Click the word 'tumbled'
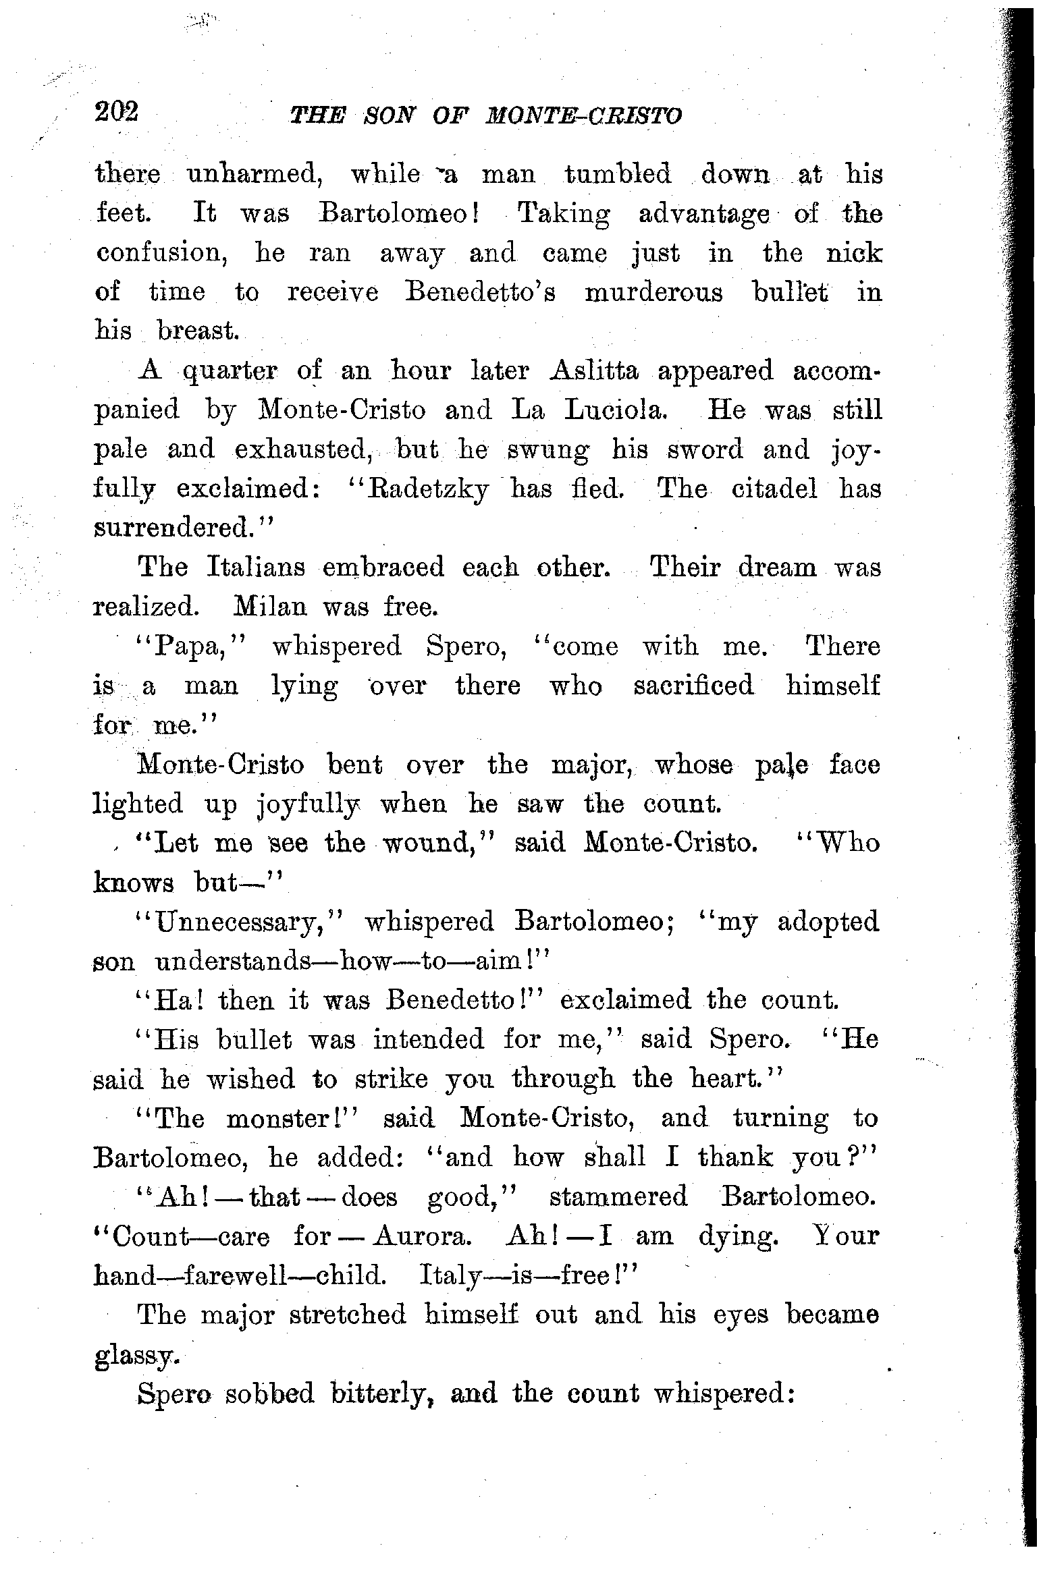(x=618, y=175)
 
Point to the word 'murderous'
(x=653, y=293)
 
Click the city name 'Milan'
(x=270, y=607)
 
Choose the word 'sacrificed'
(x=693, y=686)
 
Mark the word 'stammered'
(x=618, y=1198)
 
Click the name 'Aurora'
(x=419, y=1237)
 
